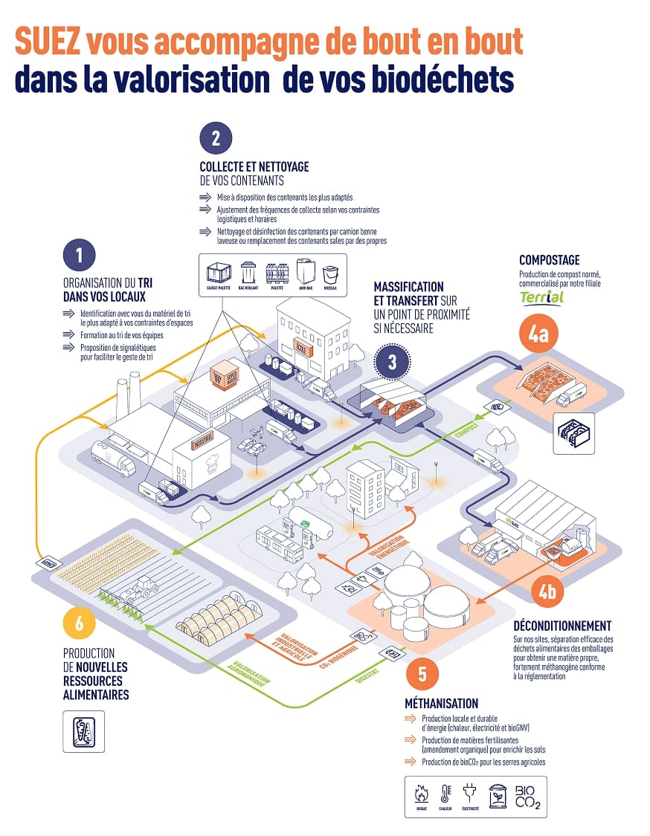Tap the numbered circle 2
216,137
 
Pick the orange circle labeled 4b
548,592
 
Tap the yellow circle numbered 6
79,623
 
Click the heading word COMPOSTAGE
550,260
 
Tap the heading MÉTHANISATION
441,703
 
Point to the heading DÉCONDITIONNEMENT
562,626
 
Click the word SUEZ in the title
46,43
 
